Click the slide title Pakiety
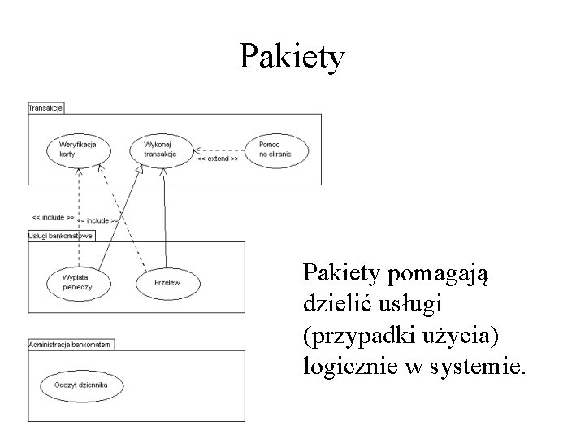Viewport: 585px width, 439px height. click(x=292, y=57)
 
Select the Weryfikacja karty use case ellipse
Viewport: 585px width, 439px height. click(x=79, y=149)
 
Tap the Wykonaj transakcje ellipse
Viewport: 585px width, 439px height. click(x=163, y=149)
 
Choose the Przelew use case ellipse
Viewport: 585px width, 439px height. click(x=167, y=282)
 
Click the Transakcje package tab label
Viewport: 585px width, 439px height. click(x=45, y=107)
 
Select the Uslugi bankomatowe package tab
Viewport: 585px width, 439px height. click(x=60, y=236)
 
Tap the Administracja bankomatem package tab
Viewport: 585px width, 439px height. click(x=71, y=344)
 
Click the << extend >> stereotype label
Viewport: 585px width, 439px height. click(x=217, y=160)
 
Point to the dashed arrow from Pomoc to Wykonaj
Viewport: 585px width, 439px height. click(x=219, y=150)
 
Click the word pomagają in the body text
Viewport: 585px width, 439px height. click(x=440, y=274)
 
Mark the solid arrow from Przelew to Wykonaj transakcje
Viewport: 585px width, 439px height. click(x=165, y=219)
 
